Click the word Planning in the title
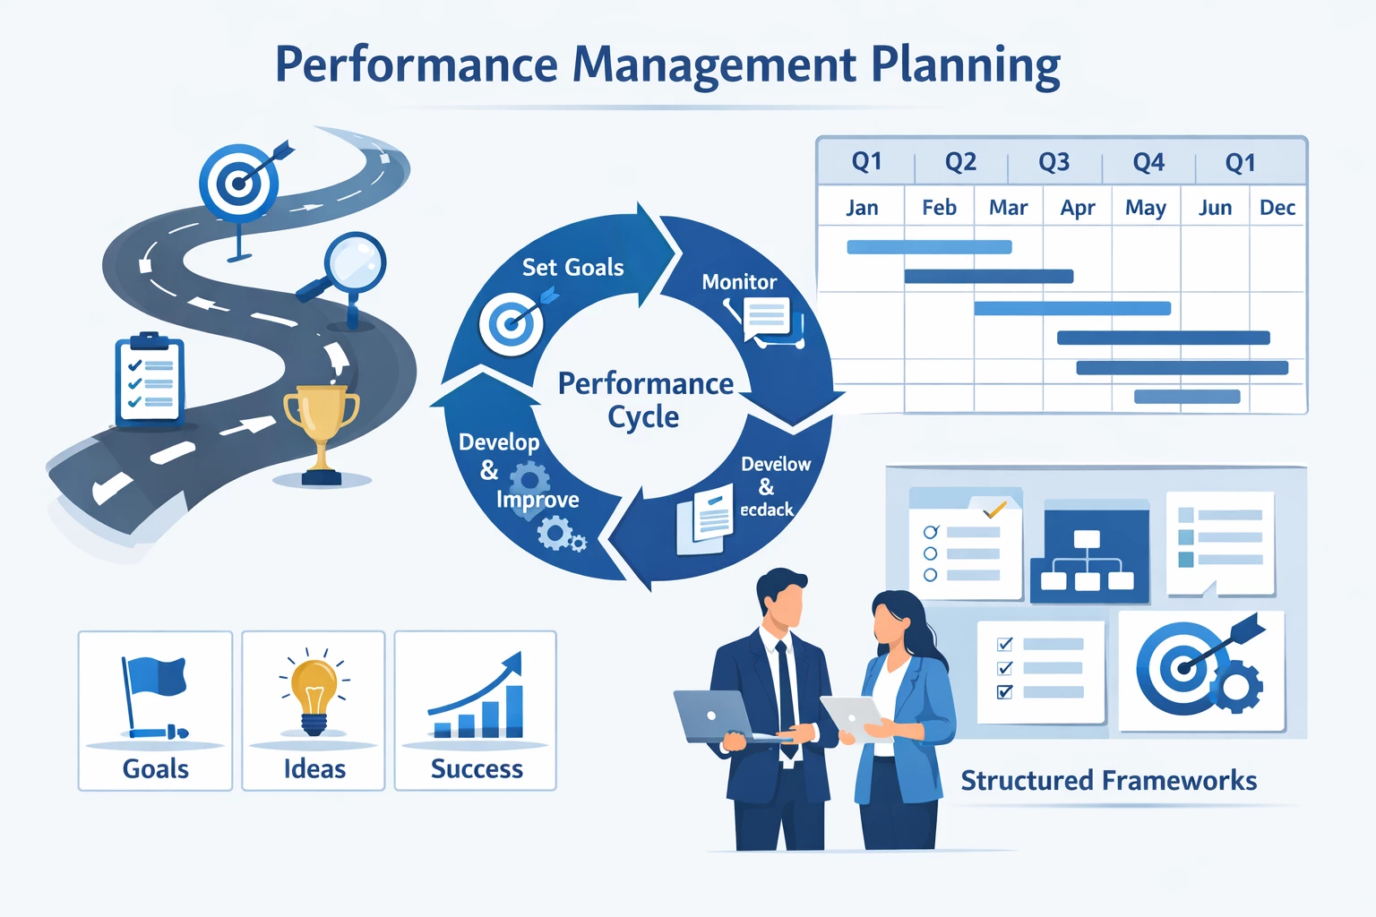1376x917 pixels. click(965, 65)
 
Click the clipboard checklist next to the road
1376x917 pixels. click(150, 380)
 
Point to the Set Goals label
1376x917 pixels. click(572, 267)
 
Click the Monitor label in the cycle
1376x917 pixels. click(739, 282)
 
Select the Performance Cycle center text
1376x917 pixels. click(645, 399)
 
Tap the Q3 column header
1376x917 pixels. click(1053, 162)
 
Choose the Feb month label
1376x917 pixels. click(939, 208)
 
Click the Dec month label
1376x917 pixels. click(1277, 208)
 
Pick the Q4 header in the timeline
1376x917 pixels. click(1148, 162)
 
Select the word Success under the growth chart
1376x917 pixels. click(477, 769)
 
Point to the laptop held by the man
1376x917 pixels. click(717, 716)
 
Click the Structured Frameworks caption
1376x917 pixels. click(1108, 781)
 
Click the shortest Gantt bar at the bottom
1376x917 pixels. click(1187, 397)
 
